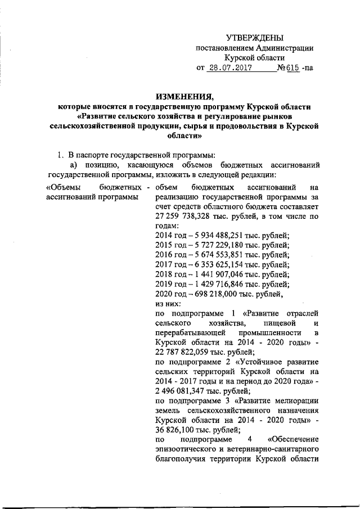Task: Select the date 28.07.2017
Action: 228,69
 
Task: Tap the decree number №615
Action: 287,69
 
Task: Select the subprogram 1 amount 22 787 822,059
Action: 185,352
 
